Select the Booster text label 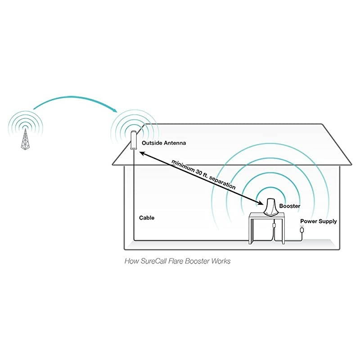pyautogui.click(x=290, y=206)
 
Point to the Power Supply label pyautogui.click(x=318, y=221)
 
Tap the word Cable pyautogui.click(x=147, y=218)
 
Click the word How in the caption pyautogui.click(x=131, y=261)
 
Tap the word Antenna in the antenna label pyautogui.click(x=174, y=143)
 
